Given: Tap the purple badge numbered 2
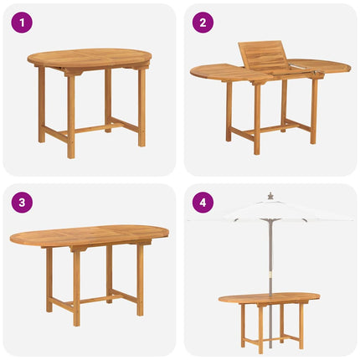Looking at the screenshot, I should (x=202, y=23).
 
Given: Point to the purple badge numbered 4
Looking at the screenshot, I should (x=202, y=203).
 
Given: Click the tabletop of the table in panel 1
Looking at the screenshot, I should (x=89, y=58).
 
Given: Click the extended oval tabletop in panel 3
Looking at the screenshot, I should (x=89, y=234).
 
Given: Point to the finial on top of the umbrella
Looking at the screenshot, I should (x=270, y=195).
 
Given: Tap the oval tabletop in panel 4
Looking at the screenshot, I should (x=270, y=298).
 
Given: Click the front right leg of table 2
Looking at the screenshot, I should (x=314, y=109).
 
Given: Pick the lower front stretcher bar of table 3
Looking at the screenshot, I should (x=106, y=297).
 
